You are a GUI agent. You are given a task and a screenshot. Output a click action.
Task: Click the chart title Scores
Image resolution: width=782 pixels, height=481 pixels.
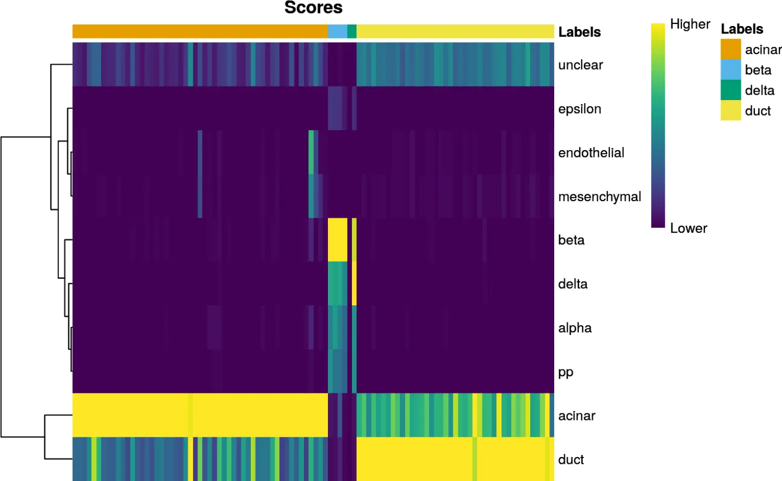coord(313,7)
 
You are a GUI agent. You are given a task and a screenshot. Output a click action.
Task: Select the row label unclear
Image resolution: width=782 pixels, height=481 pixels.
coord(581,65)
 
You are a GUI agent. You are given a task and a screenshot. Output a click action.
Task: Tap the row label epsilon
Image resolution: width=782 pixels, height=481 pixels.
coord(580,109)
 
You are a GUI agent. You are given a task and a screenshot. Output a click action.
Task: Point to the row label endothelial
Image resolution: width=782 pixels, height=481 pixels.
coord(591,153)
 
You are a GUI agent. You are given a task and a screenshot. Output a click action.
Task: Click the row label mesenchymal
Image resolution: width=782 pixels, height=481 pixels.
coord(600,196)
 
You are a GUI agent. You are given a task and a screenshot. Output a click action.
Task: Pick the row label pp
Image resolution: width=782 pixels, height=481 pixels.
coord(566,373)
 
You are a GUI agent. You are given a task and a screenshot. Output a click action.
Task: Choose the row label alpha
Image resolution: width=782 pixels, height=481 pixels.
coord(575,328)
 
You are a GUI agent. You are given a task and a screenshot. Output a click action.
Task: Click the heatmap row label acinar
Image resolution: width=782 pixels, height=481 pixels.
coord(577,416)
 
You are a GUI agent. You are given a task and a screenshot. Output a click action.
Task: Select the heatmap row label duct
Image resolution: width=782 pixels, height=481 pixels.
coord(571,459)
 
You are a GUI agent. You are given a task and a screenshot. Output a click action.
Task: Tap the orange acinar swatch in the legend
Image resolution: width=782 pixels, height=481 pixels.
coord(731,49)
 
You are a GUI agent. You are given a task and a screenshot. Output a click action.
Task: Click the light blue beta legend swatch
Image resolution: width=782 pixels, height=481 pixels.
coord(731,69)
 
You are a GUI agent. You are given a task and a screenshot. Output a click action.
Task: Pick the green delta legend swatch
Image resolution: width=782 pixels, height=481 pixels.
coord(731,90)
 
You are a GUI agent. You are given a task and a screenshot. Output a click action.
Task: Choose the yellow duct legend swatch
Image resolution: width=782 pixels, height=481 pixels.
coord(731,110)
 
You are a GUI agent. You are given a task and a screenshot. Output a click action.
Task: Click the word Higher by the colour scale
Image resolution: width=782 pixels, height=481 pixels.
coord(690,24)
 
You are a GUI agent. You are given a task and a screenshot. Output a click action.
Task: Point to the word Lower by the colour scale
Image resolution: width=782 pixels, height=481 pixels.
coord(689,228)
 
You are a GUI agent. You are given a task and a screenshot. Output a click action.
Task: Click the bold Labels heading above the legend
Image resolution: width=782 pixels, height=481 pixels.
coord(742,29)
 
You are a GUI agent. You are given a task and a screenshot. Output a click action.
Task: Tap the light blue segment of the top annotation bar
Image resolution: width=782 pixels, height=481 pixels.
coord(338,31)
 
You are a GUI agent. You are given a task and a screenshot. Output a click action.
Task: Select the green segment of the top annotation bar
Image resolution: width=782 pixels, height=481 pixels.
coord(352,31)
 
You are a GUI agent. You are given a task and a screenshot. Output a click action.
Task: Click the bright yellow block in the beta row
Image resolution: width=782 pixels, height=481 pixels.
coord(338,240)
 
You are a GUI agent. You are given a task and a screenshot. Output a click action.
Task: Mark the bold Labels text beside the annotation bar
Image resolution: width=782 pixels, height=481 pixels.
coord(580,32)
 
